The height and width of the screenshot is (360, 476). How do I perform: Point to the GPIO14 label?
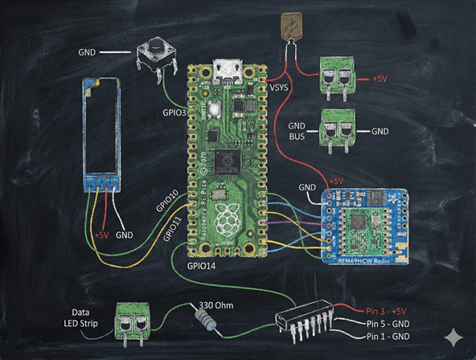click(x=201, y=264)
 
